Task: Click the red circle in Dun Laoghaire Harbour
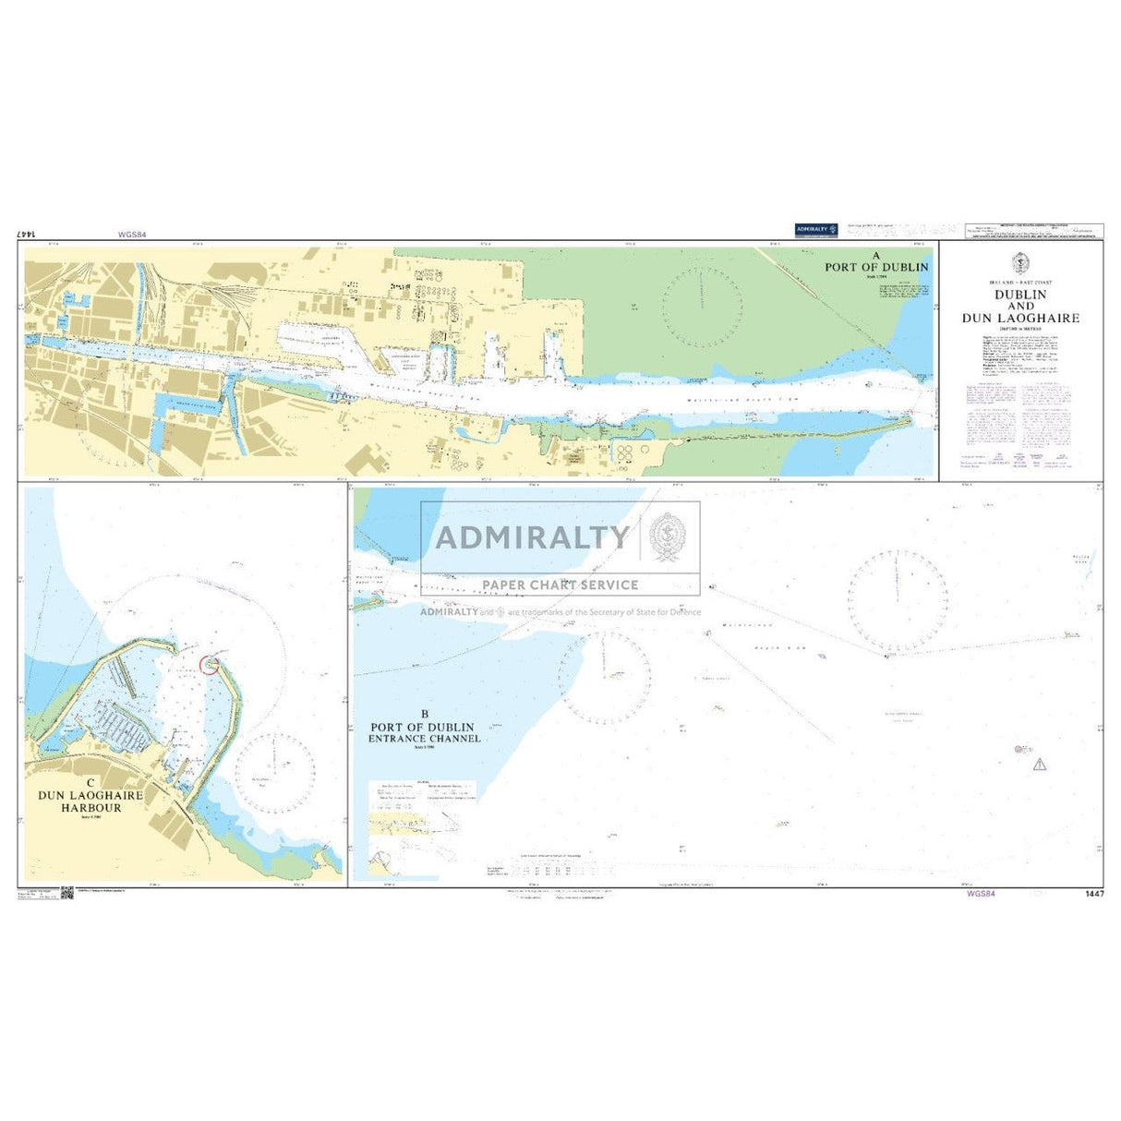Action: click(x=210, y=663)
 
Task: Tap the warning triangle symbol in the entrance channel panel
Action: click(x=1040, y=765)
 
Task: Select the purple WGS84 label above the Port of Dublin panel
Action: click(x=132, y=235)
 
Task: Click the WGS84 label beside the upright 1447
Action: click(x=981, y=894)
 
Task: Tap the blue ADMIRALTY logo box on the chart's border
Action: click(x=816, y=230)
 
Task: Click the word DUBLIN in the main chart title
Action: click(x=1020, y=295)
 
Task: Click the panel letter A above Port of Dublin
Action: click(x=876, y=256)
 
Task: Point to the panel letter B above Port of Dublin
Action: click(x=425, y=714)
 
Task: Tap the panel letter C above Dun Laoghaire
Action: click(x=90, y=782)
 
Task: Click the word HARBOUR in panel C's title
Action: click(x=91, y=808)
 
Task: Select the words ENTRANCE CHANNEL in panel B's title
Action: click(x=425, y=739)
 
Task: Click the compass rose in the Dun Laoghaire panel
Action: click(x=274, y=771)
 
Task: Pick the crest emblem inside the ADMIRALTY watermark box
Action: click(x=668, y=536)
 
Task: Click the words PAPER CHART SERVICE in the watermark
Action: click(x=560, y=585)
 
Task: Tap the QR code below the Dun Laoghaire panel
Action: click(x=66, y=893)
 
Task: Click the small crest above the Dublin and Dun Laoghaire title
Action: click(x=1020, y=262)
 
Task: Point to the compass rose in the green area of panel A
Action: click(x=702, y=307)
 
